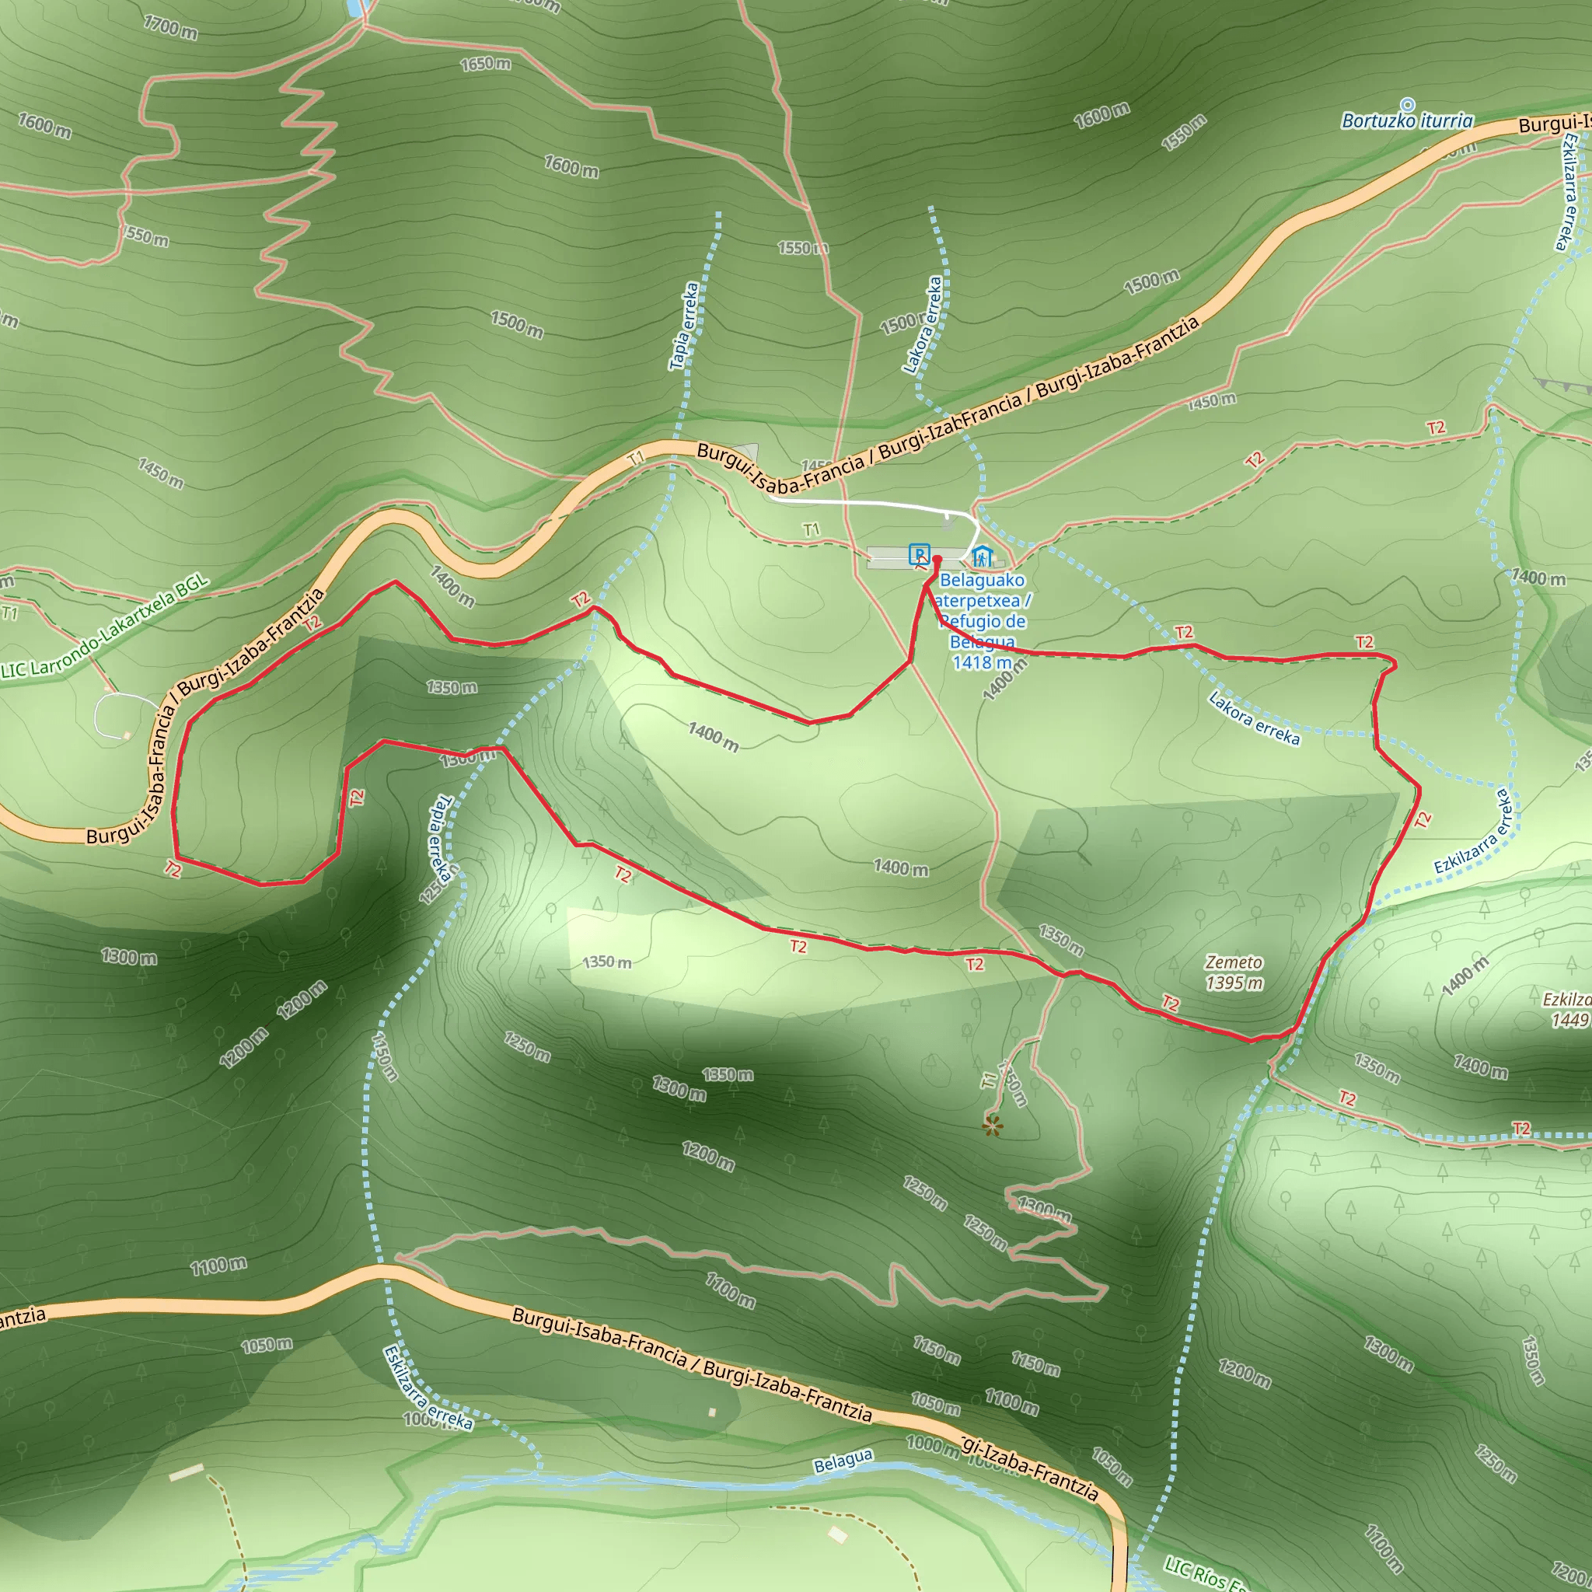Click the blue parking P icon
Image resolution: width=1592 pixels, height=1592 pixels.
[x=919, y=553]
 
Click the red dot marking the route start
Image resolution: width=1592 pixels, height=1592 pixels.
[x=937, y=560]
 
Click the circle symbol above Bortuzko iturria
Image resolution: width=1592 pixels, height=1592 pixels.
[x=1409, y=105]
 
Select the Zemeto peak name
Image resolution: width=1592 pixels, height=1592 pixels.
[x=1234, y=962]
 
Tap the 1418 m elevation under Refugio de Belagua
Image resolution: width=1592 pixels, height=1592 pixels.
[x=983, y=662]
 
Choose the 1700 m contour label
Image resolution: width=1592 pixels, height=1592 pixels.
[x=170, y=27]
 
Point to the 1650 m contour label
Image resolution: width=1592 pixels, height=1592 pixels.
[x=485, y=64]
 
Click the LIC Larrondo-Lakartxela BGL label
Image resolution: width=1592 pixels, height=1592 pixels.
[x=105, y=629]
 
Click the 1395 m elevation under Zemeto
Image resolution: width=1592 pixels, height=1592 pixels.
[x=1234, y=983]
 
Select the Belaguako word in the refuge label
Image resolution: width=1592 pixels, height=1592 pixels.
[x=983, y=580]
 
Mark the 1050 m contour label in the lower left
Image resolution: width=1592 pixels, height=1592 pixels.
[x=266, y=1345]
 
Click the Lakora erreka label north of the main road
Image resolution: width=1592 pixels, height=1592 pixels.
[x=923, y=325]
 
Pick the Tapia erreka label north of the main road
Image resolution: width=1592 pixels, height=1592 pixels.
[x=684, y=326]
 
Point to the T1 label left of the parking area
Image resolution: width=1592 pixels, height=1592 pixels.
[x=812, y=529]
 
